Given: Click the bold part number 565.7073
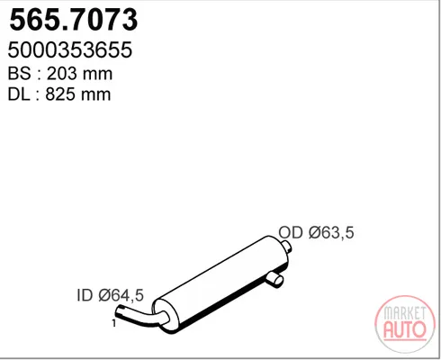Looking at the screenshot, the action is pos(74,20).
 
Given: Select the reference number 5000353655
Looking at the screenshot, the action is pos(70,49).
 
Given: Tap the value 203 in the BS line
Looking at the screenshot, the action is pos(60,74).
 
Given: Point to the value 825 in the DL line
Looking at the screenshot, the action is pos(59,94).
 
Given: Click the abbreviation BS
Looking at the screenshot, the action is pos(20,74).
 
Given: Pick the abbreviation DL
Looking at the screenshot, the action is pos(19,94).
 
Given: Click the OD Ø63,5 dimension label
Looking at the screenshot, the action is pos(316,232).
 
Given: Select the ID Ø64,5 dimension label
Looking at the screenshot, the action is pos(111,295).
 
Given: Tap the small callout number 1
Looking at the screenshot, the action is pos(113,323).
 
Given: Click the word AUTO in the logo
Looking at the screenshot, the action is pos(405,329).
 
